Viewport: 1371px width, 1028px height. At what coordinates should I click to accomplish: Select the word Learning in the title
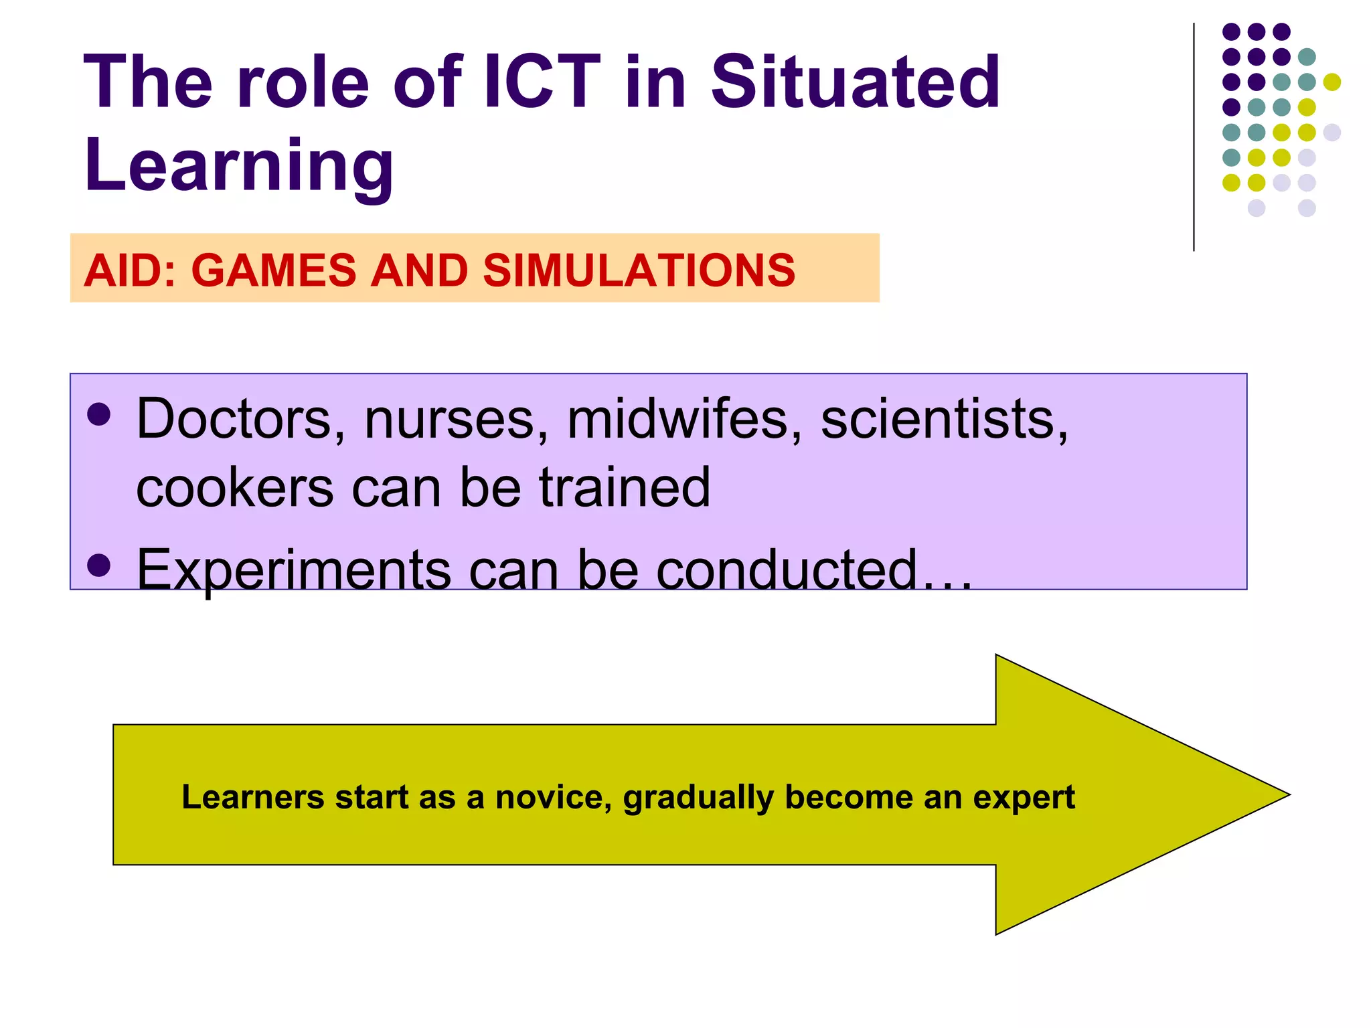click(239, 165)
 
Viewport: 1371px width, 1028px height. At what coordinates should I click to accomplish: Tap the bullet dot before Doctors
click(98, 414)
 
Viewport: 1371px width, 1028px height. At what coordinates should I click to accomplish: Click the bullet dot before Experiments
click(98, 566)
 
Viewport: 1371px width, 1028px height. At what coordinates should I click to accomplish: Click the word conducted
click(786, 570)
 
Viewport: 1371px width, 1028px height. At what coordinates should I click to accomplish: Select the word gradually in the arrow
click(698, 797)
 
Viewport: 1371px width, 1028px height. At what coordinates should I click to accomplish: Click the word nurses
click(456, 420)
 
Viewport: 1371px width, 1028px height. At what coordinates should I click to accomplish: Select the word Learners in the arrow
click(252, 797)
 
